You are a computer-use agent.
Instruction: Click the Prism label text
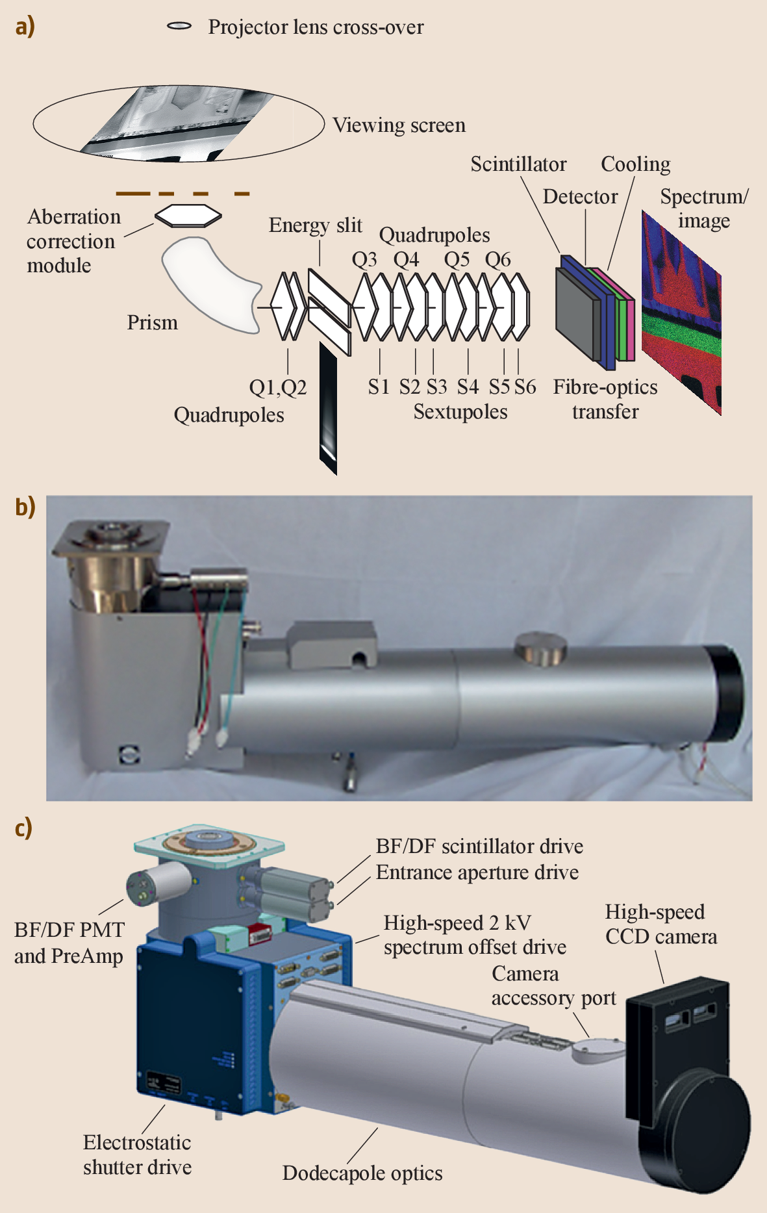(152, 322)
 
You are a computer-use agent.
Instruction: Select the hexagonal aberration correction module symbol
(188, 216)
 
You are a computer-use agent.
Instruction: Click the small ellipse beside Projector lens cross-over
(179, 26)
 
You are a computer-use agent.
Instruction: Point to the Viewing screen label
(399, 125)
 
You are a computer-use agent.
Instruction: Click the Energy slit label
(315, 225)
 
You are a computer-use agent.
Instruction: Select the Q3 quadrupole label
(364, 259)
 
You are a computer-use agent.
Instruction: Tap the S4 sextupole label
(468, 387)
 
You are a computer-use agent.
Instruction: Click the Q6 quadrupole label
(497, 259)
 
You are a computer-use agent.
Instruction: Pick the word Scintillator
(518, 164)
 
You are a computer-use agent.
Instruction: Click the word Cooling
(635, 164)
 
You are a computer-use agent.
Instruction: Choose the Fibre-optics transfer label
(605, 399)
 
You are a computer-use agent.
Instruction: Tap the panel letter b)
(25, 507)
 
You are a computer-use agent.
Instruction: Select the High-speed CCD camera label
(660, 924)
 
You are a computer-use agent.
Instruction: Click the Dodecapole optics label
(362, 1173)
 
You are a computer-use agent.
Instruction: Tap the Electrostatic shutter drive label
(137, 1155)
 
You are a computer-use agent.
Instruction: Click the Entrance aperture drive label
(477, 872)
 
